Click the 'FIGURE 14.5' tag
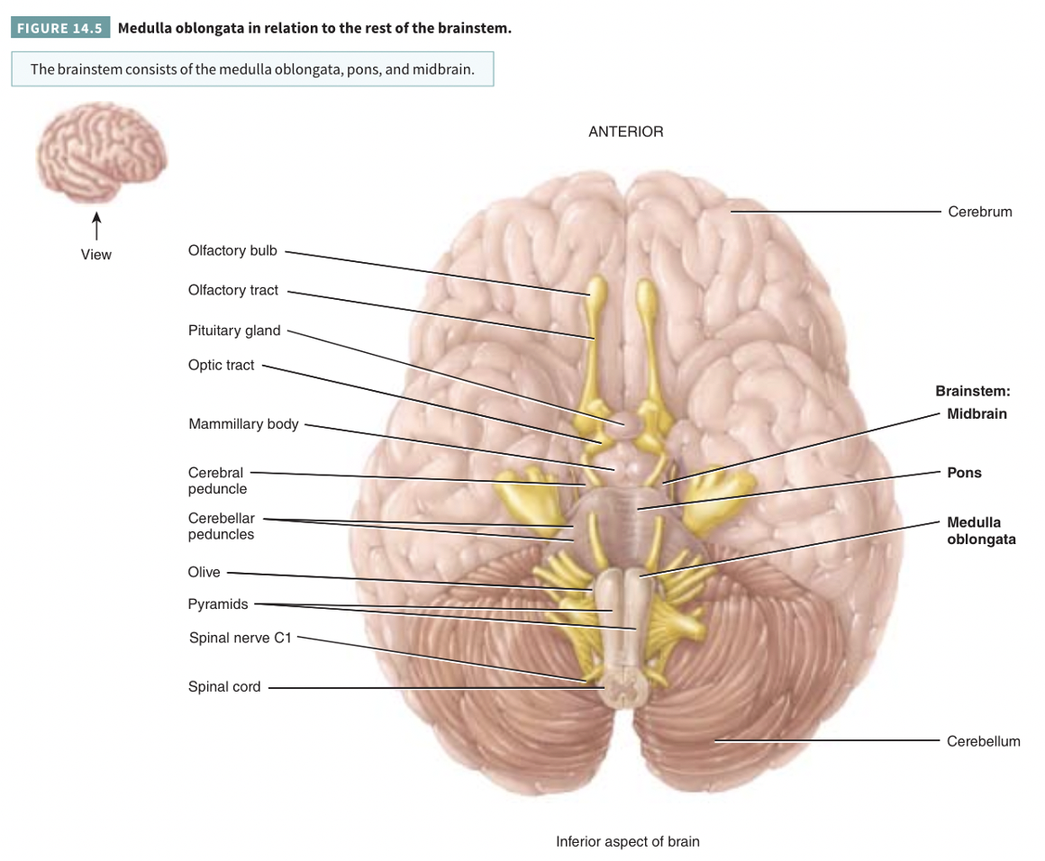[x=60, y=28]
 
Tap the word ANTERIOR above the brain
[x=625, y=131]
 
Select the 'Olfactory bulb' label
[x=232, y=250]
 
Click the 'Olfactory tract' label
[x=233, y=290]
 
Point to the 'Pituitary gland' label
[x=234, y=331]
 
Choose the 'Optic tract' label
[x=222, y=366]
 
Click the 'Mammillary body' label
[x=243, y=424]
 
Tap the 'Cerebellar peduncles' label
[x=221, y=527]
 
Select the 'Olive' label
[x=204, y=572]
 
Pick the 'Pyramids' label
[x=218, y=604]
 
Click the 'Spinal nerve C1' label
[x=241, y=638]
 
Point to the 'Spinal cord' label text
[x=224, y=687]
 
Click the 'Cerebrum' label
[x=979, y=213]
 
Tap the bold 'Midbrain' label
[x=977, y=414]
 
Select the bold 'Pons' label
[x=964, y=473]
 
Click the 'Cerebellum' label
[x=983, y=742]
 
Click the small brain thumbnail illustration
[x=102, y=158]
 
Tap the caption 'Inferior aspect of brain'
[x=627, y=843]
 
